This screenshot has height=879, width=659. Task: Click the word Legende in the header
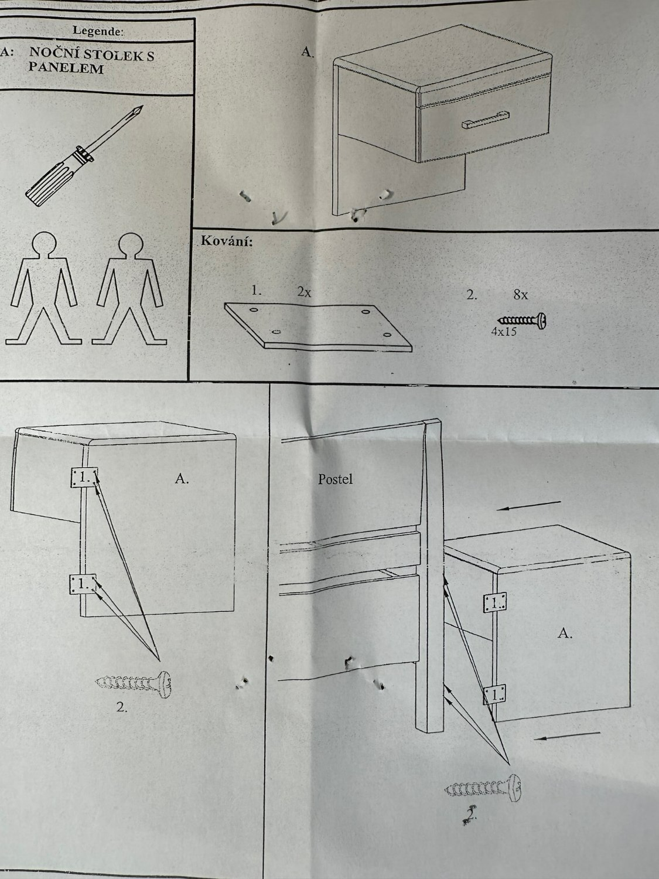coord(98,31)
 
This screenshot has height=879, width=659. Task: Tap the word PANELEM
coord(66,68)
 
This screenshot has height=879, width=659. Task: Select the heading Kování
coord(227,241)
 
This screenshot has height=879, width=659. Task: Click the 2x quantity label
coord(304,292)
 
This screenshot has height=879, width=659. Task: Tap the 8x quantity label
coord(521,295)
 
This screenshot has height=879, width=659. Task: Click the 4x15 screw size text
coord(504,332)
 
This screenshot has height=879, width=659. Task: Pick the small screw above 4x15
coord(523,320)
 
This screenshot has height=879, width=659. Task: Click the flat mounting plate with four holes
coord(318,326)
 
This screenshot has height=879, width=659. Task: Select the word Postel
coord(335,479)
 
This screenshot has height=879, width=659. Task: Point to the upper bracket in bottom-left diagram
coord(84,478)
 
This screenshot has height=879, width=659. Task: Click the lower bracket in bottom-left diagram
coord(83,585)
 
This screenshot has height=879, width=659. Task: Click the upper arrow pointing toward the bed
coord(528,505)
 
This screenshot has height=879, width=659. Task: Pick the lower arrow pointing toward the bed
coord(567,736)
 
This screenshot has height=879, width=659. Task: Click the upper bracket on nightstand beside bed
coord(495,602)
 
